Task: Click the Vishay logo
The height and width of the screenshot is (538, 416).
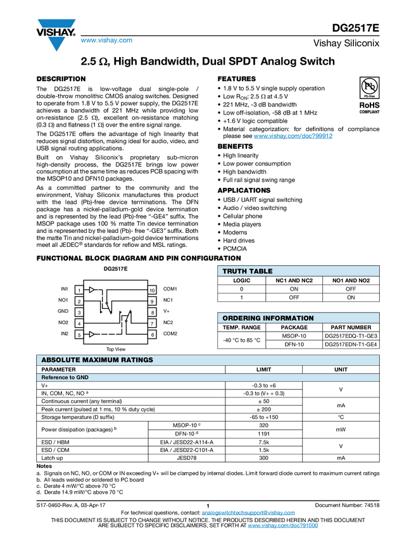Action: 56,34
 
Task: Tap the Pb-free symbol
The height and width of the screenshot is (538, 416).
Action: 370,86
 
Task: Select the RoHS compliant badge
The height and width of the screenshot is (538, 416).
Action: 370,106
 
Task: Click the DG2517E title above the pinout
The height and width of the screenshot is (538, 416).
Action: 116,269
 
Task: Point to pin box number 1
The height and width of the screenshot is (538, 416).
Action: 79,290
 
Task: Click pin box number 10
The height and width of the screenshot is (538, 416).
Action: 152,290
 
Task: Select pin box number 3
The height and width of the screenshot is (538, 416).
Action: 79,312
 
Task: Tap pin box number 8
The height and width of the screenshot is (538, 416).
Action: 152,312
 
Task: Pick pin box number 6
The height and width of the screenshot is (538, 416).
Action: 152,334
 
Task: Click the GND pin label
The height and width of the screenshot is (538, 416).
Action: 63,311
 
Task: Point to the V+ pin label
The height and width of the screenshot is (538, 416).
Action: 167,311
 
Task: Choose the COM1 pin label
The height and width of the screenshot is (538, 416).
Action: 170,289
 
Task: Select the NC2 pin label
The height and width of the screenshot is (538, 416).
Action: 168,323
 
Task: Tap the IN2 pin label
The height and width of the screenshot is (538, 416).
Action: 64,334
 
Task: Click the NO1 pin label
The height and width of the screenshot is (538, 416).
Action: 63,300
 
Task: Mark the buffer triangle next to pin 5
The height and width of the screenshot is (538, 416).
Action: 92,334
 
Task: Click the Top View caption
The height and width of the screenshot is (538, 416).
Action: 116,349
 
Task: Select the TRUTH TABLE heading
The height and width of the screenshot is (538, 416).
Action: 248,272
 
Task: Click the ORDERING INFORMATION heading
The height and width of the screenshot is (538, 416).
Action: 268,318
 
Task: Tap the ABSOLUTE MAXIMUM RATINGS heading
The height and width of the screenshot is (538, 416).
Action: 97,360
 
